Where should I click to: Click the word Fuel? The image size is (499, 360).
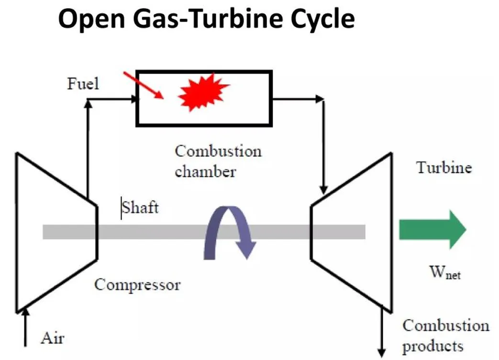[83, 84]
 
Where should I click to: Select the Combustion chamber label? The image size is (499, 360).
[218, 161]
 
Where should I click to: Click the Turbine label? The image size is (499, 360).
[444, 168]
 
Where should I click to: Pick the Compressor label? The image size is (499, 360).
[137, 285]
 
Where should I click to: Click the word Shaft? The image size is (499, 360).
[140, 208]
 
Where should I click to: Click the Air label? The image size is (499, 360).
[52, 338]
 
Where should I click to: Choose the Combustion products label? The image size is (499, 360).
[445, 335]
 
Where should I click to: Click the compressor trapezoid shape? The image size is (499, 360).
[55, 231]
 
